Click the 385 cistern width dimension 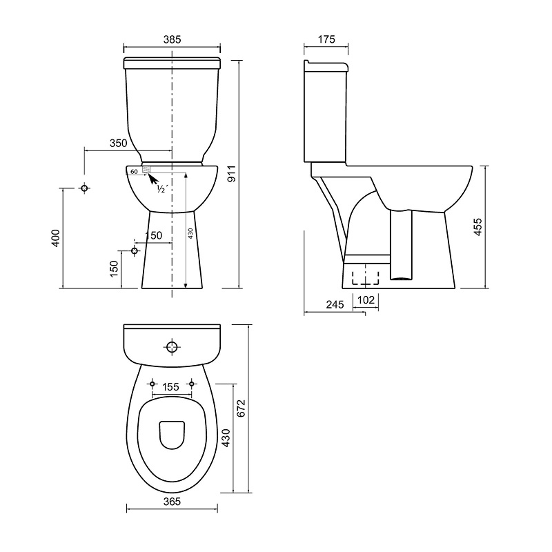(172, 39)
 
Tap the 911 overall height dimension (232, 174)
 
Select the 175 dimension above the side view (326, 39)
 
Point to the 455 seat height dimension (477, 227)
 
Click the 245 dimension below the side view (335, 304)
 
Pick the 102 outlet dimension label (366, 300)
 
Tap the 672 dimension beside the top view (241, 408)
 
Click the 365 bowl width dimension (172, 502)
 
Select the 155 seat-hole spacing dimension (171, 387)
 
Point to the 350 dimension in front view (119, 144)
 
